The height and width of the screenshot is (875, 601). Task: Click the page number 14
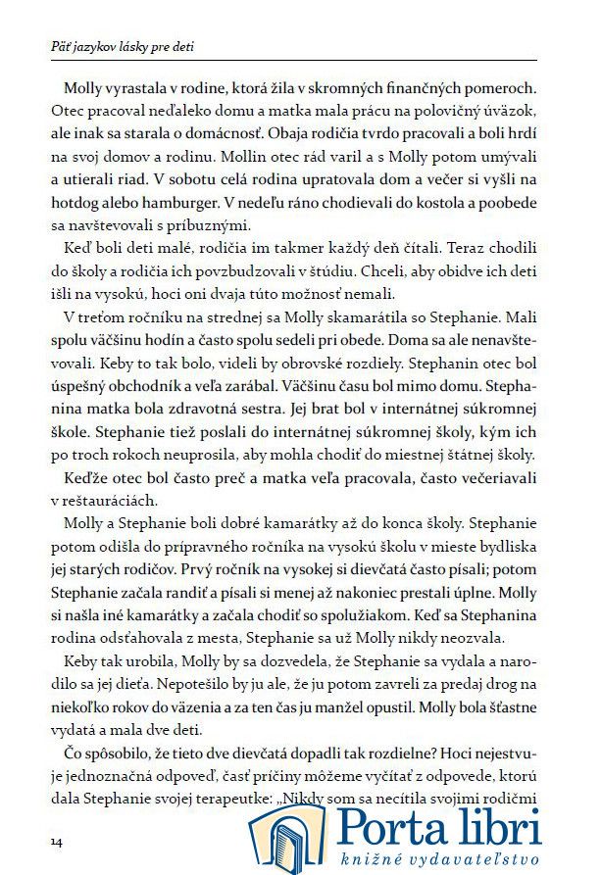pos(57,842)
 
